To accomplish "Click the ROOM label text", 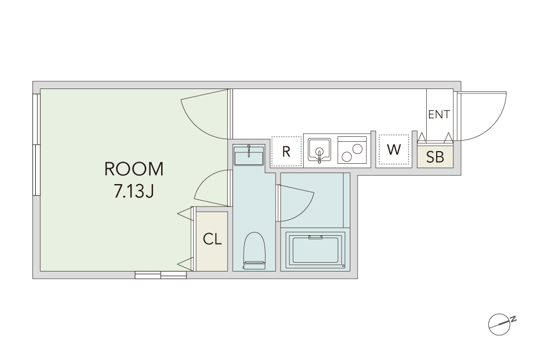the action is pos(134,169).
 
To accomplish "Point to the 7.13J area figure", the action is pos(134,191).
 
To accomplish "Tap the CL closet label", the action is pos(212,239).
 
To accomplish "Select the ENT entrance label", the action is pos(439,114).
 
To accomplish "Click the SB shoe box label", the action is pos(435,157).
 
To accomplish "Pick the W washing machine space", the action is pos(394,149).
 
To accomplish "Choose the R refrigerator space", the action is pos(287,151).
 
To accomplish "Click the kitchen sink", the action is pos(320,149).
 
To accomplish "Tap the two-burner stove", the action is pos(352,149).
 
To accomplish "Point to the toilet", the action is pos(254,251).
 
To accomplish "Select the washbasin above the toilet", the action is pos(249,156).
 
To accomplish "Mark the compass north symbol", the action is pos(501,324).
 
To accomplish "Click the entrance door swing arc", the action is pos(495,124).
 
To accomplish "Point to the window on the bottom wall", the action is pos(161,275).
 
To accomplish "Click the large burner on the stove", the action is pos(358,149).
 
